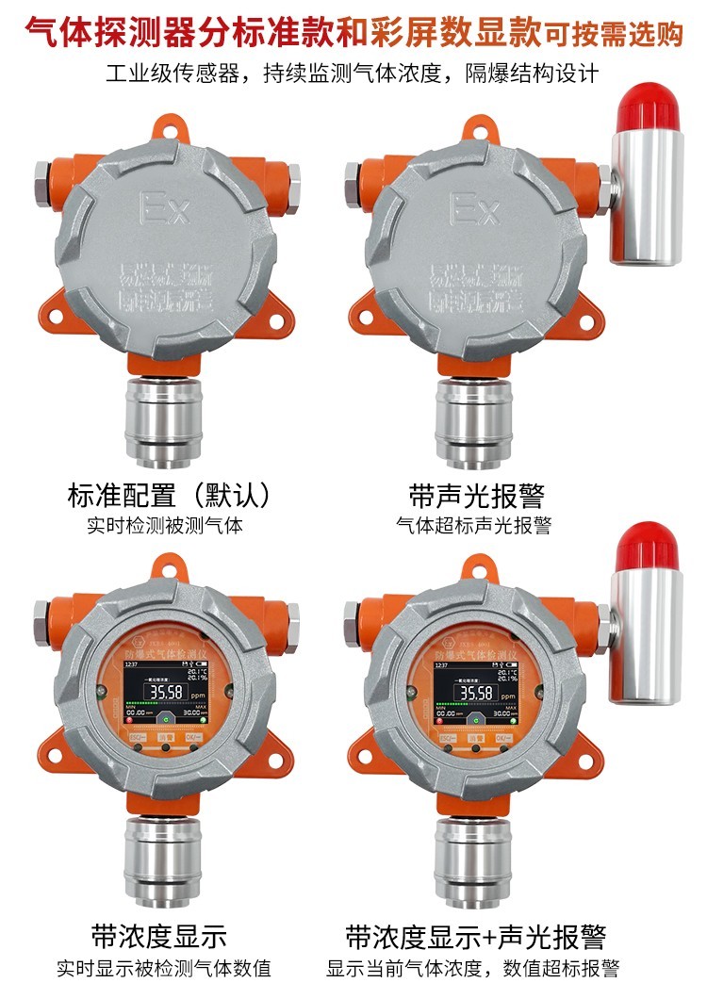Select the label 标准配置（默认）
(x=170, y=495)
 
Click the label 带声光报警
(x=477, y=495)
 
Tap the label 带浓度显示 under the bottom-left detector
(x=159, y=937)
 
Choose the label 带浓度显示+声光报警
(x=475, y=937)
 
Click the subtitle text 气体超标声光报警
(x=474, y=526)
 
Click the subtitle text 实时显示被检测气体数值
(x=163, y=968)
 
